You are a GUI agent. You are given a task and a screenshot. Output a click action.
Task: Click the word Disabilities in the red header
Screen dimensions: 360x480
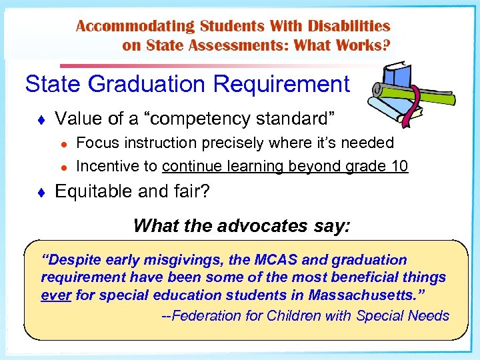coord(348,27)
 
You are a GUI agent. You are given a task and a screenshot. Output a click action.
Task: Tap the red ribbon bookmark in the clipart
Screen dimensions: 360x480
coord(419,107)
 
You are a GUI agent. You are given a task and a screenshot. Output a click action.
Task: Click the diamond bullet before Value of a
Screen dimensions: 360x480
coord(41,120)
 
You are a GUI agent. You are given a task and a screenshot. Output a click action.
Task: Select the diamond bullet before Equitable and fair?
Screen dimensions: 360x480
coord(41,193)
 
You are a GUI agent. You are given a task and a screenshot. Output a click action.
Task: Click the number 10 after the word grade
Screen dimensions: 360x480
coord(399,167)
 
